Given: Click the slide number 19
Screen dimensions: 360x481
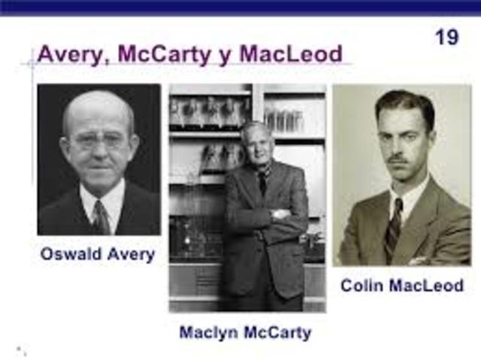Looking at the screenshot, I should [x=446, y=36].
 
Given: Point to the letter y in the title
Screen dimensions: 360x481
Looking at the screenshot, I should [x=231, y=56].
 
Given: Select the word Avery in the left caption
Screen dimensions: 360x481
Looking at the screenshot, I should [x=129, y=255].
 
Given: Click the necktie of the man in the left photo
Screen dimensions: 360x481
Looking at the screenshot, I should [x=100, y=218].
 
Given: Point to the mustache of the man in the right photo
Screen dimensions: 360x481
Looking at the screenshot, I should [x=398, y=159].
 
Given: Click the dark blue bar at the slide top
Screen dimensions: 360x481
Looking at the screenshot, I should [x=240, y=7].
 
